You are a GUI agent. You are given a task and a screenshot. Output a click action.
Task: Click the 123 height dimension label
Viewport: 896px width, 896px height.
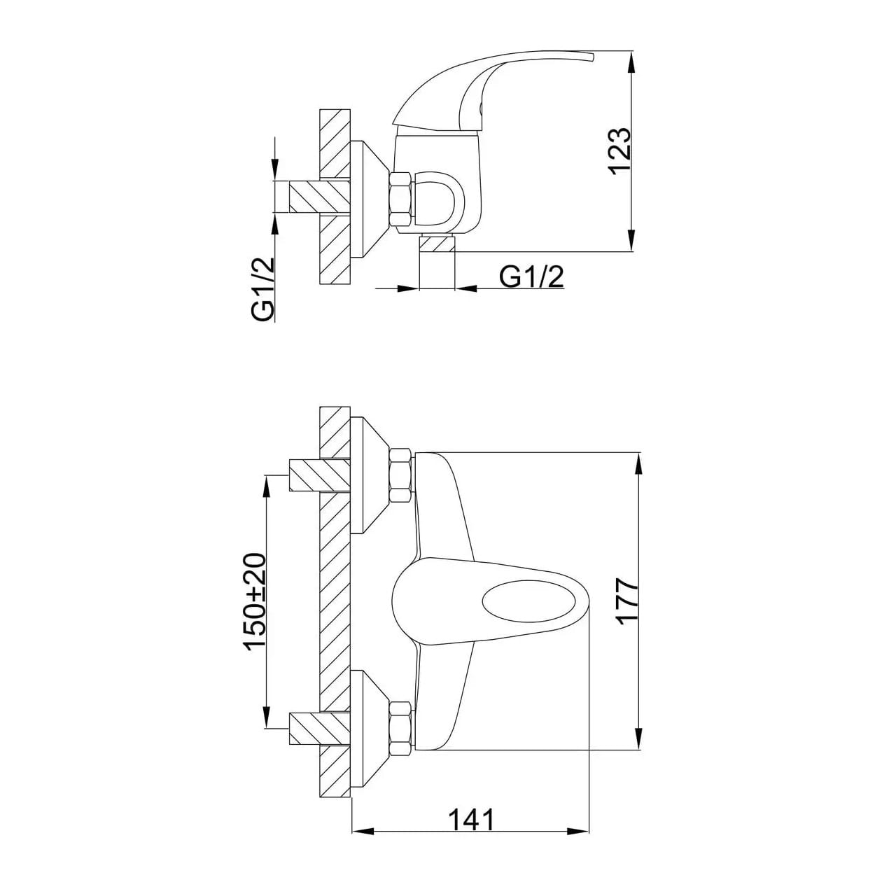[619, 150]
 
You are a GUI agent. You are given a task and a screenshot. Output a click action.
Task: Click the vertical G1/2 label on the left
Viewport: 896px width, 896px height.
[263, 289]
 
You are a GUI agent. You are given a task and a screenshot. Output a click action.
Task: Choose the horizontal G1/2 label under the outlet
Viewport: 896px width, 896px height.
[531, 277]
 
